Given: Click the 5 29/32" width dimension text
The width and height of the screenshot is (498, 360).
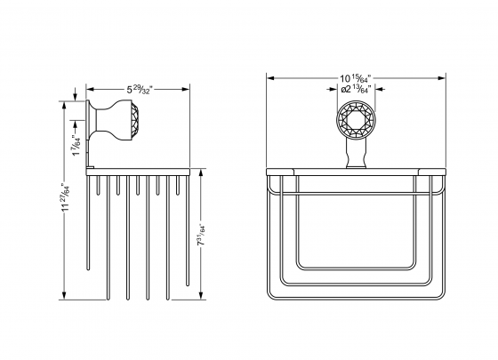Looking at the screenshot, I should coord(140,89).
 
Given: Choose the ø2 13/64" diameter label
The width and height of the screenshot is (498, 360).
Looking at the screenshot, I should coord(355,89).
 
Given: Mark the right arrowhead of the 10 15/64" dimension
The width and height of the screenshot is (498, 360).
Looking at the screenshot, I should coord(441,78).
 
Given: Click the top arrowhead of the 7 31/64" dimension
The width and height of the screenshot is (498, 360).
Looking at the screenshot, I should coord(199,168).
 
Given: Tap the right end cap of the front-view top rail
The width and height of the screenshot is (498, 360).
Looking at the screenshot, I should coord(438,166).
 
